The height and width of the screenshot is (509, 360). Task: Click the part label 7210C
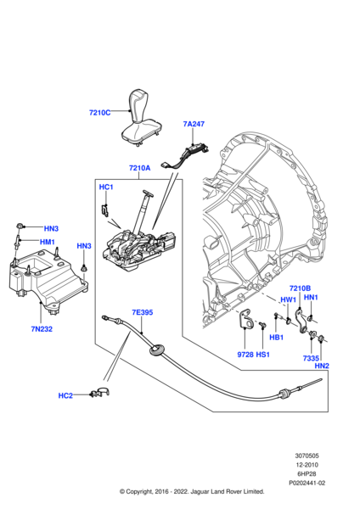101,112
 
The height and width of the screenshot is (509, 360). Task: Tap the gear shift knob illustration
138,115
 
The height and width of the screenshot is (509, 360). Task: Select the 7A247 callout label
194,124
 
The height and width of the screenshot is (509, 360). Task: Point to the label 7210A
139,168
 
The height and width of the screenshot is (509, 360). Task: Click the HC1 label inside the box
106,187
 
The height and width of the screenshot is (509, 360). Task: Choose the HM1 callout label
48,242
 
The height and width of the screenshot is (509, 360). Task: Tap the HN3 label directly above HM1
51,228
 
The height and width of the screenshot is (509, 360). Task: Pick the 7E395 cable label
141,312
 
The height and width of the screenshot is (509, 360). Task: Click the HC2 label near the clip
65,395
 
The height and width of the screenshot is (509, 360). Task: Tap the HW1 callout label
288,299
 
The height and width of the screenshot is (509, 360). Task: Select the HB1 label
276,337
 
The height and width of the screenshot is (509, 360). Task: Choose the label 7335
309,358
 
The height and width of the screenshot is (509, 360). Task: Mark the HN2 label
322,366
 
